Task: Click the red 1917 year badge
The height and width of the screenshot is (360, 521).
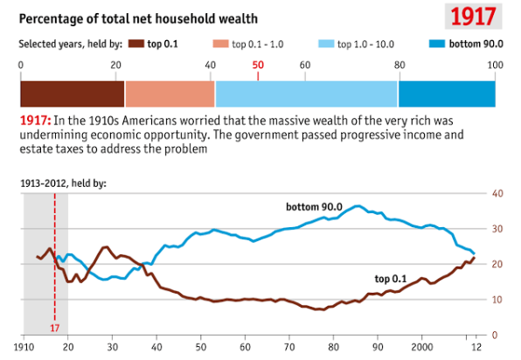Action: [474, 17]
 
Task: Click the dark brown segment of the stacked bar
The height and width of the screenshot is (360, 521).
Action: [72, 93]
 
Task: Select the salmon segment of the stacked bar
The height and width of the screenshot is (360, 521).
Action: [170, 93]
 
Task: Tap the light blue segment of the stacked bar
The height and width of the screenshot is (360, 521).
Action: [306, 93]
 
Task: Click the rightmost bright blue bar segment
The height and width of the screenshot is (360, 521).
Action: [447, 93]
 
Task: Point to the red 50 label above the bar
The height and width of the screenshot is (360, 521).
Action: [258, 65]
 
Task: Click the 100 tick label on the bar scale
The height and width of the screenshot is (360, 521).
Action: [495, 65]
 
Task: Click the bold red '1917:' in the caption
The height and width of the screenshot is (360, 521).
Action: [34, 120]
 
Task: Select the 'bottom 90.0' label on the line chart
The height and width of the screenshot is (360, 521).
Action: [315, 207]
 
